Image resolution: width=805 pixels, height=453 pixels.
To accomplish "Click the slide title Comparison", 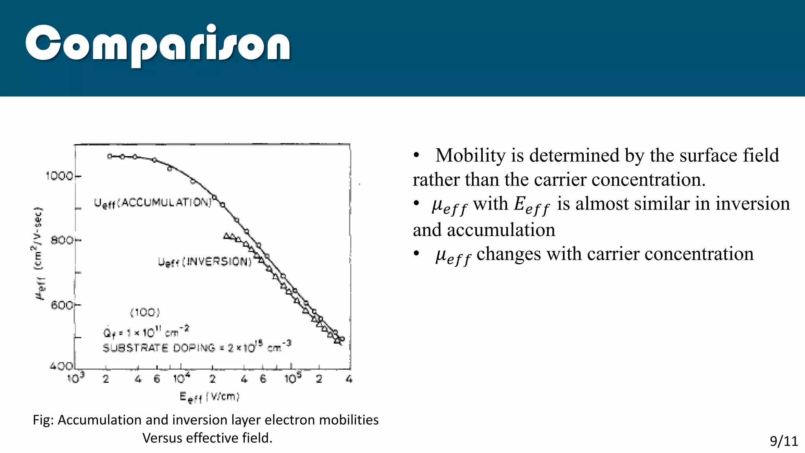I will [157, 44].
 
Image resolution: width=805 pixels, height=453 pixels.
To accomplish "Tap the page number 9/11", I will [783, 441].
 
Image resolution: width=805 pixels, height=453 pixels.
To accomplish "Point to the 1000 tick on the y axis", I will [59, 176].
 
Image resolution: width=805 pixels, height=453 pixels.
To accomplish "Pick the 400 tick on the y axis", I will [61, 366].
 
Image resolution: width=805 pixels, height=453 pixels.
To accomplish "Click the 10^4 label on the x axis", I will [182, 378].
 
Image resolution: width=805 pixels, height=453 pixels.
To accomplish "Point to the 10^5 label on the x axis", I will [293, 378].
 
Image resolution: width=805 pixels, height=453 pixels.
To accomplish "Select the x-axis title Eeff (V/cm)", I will [210, 397].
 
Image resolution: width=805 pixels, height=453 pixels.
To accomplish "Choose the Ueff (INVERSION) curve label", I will [204, 262].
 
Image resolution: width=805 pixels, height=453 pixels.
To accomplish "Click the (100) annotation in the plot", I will [145, 313].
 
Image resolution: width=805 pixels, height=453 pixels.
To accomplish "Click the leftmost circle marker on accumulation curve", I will [110, 156].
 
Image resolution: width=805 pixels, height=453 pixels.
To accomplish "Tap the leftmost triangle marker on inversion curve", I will [226, 236].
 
